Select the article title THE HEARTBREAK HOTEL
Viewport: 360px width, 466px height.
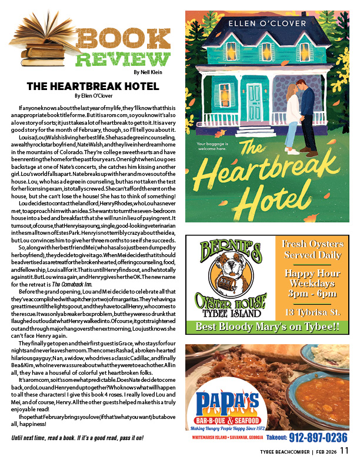tap(93, 86)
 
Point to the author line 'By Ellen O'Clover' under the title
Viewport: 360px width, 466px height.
tap(93, 95)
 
